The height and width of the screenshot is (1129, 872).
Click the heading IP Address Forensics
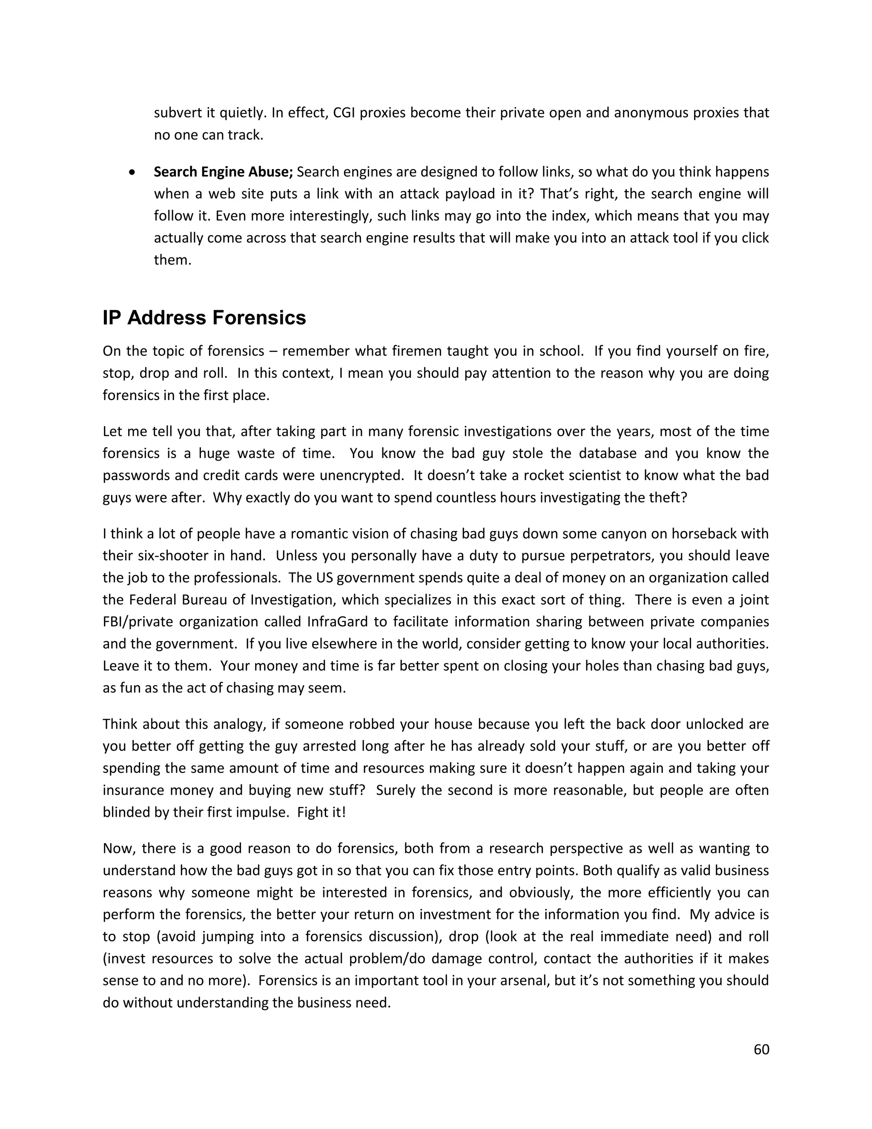click(x=204, y=318)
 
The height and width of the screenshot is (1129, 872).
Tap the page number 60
click(x=761, y=1049)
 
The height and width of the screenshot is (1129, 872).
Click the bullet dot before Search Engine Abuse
click(x=133, y=172)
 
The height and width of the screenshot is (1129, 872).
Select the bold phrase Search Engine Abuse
click(x=223, y=172)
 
